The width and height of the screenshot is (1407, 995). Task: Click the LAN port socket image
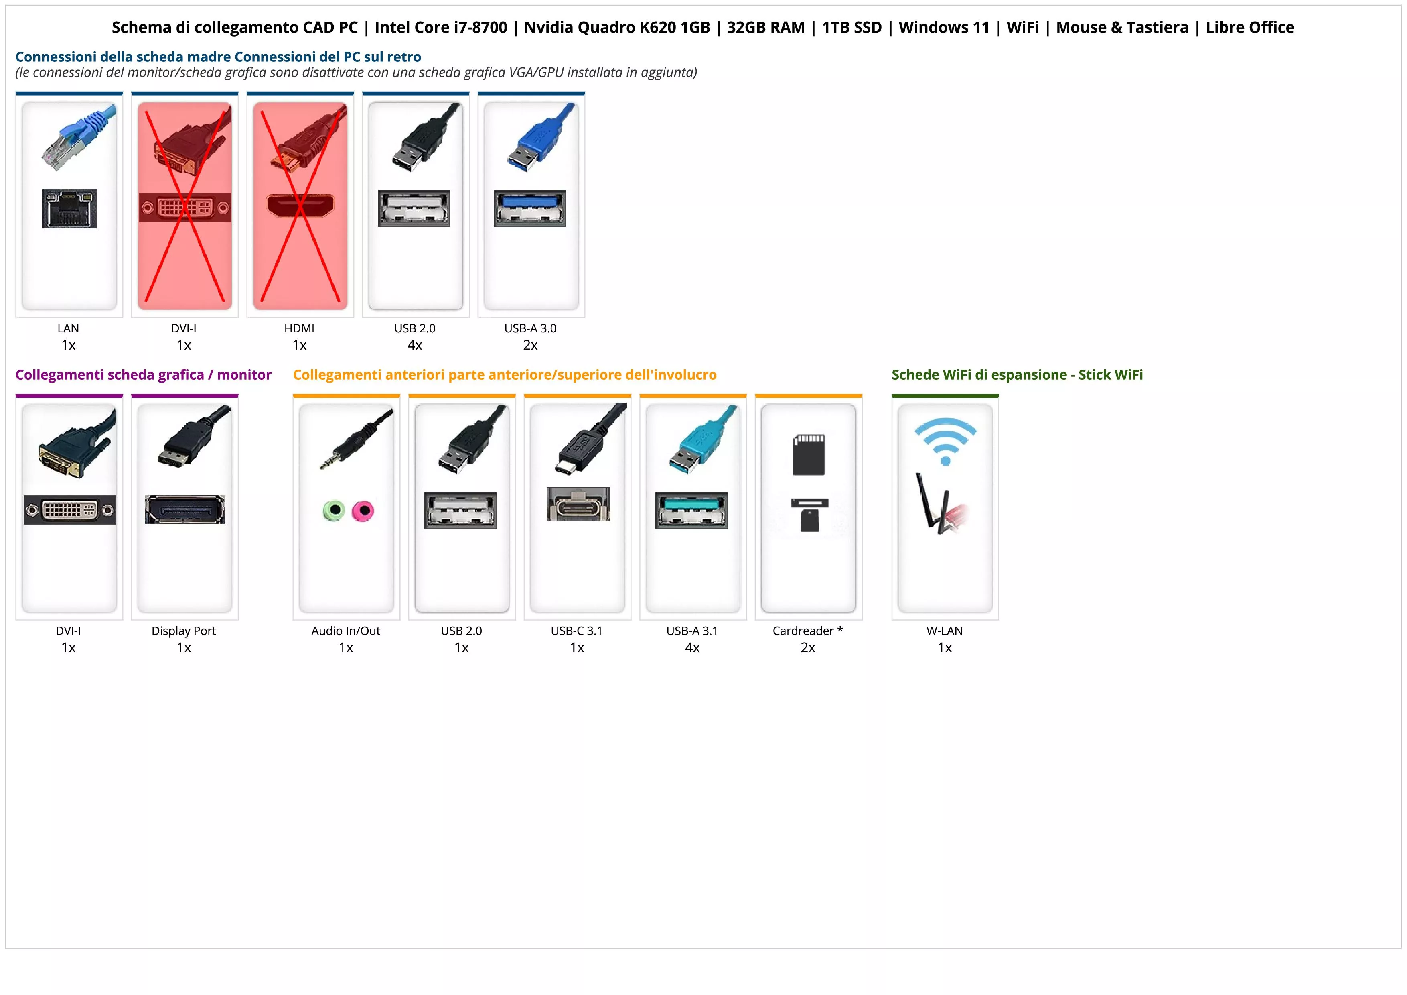69,208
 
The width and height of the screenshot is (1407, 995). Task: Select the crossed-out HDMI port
300,206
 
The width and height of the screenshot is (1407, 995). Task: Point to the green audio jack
333,510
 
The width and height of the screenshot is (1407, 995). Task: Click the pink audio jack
363,510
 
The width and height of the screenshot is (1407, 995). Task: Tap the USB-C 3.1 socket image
578,504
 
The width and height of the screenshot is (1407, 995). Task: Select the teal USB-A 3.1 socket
691,510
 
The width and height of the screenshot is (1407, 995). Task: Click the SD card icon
808,455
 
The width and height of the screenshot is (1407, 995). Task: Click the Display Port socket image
185,509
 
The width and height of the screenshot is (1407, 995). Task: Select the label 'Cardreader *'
808,631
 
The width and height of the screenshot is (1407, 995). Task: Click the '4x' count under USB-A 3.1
692,648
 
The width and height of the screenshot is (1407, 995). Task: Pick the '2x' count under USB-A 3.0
530,346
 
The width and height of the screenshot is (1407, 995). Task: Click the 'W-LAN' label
944,631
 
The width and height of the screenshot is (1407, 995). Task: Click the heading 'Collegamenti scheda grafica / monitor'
144,375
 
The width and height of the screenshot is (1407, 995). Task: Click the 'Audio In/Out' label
346,631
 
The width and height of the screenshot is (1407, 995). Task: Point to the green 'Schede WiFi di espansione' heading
1017,375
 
